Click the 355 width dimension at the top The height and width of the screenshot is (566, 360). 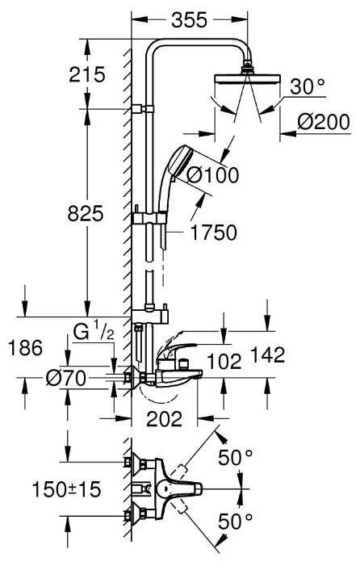189,20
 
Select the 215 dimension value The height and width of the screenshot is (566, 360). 87,75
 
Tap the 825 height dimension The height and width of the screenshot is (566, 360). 86,214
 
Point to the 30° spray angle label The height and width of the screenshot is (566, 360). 308,86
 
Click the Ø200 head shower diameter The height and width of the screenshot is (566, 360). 324,122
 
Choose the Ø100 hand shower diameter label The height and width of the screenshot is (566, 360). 213,175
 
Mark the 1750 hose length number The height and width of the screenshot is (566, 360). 214,233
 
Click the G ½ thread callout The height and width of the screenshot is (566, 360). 94,333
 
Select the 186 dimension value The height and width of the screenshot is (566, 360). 25,348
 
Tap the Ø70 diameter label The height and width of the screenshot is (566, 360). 66,379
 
